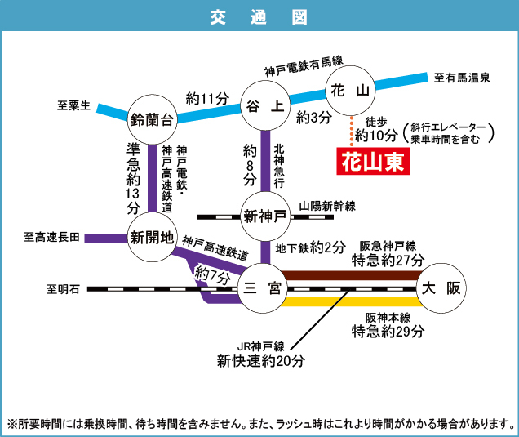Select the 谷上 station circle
click(x=265, y=105)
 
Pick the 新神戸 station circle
click(x=265, y=216)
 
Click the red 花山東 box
click(x=372, y=161)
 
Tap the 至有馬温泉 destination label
click(x=462, y=78)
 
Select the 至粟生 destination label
click(x=73, y=105)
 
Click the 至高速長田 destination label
click(x=52, y=238)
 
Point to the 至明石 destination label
click(x=63, y=288)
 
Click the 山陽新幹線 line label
click(x=327, y=207)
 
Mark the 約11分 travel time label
click(x=207, y=99)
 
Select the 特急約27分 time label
click(x=388, y=261)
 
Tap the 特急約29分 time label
click(x=388, y=332)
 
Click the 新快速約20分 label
click(x=260, y=359)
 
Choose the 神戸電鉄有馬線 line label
click(x=304, y=72)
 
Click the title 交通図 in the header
click(x=259, y=16)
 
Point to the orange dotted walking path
click(x=352, y=131)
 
